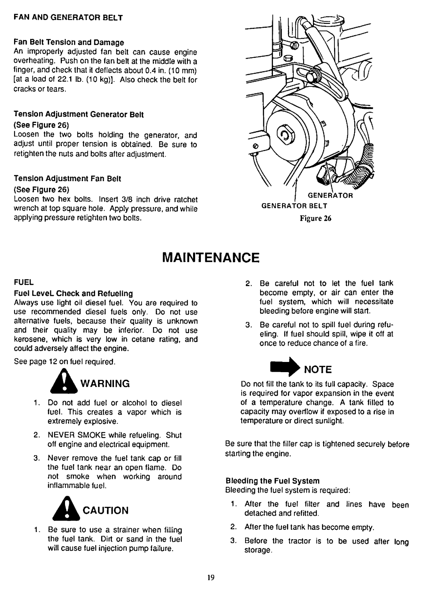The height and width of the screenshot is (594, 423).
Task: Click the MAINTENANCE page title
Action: click(211, 259)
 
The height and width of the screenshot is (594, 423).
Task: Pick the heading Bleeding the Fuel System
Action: click(273, 481)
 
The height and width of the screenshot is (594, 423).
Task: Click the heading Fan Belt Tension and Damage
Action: click(69, 42)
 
